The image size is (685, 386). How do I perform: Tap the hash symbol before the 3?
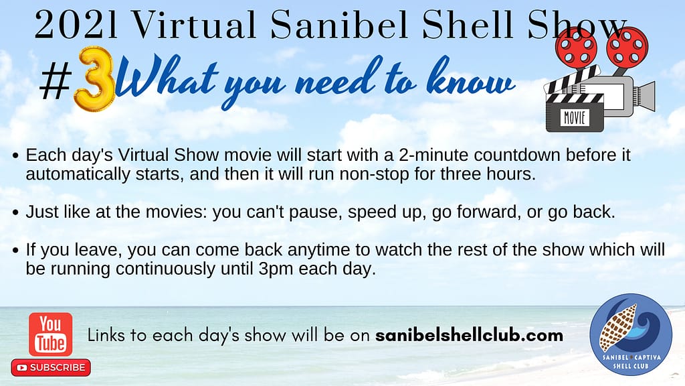(56, 81)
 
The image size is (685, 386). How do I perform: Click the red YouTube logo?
(51, 334)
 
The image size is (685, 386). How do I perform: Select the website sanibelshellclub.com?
(469, 335)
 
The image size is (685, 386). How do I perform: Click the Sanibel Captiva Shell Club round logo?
(630, 334)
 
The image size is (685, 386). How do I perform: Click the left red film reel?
(576, 48)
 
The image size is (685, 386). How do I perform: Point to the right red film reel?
(627, 46)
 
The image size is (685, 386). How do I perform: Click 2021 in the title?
(76, 25)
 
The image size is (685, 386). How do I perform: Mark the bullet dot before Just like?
(16, 212)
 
